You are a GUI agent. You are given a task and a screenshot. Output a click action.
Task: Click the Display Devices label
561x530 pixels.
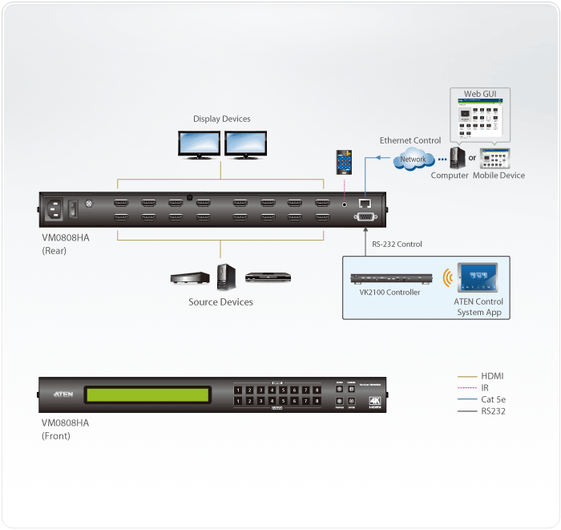click(221, 119)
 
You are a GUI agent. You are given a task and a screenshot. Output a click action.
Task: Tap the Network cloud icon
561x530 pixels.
click(414, 159)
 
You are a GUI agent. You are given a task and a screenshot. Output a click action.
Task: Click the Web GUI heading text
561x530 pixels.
click(479, 94)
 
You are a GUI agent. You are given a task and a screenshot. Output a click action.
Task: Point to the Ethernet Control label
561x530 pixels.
click(410, 140)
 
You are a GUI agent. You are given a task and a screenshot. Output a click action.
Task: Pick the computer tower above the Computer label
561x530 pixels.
click(458, 156)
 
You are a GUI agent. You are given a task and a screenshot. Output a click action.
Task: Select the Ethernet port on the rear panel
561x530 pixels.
click(364, 204)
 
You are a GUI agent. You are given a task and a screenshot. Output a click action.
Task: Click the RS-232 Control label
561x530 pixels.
click(397, 244)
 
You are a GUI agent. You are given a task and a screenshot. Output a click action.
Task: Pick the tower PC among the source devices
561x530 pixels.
click(225, 277)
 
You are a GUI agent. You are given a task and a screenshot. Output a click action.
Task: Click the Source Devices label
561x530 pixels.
click(220, 302)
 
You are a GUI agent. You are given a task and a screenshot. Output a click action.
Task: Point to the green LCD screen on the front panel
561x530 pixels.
click(148, 394)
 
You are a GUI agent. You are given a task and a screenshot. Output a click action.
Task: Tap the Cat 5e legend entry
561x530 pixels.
click(494, 399)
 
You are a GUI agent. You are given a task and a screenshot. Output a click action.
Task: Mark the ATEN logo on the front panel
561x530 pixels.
click(63, 394)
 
